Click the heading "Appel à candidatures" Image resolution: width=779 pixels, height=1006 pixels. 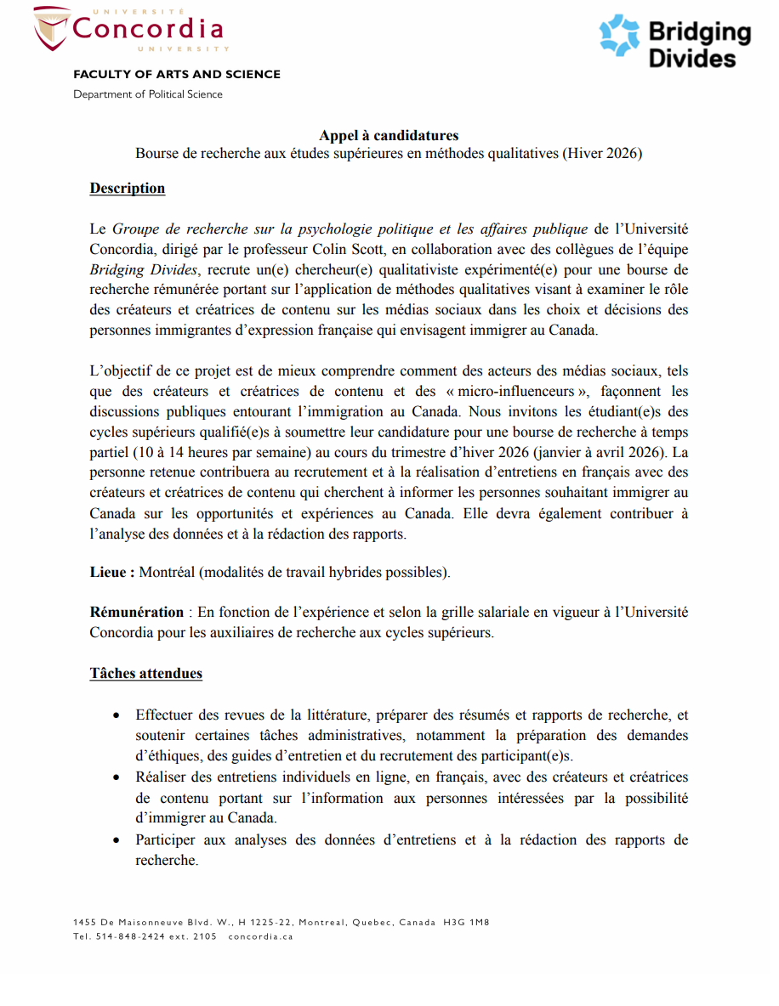389,136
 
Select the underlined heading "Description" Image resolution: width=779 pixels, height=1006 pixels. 128,189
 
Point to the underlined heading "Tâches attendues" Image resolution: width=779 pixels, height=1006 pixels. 146,674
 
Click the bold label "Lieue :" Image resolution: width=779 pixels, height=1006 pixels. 112,573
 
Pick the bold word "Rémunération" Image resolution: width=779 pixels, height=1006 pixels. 137,612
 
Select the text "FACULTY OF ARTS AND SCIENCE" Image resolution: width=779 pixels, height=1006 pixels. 177,75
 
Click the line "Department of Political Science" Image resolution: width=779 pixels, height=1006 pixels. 148,94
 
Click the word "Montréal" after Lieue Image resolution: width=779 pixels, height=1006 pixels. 168,573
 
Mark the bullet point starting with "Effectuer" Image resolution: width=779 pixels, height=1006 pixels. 117,715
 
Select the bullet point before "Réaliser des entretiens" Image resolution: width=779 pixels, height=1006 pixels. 117,777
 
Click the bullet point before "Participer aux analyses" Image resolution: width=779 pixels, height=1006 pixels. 117,840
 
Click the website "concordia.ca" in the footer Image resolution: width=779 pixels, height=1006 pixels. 261,936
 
